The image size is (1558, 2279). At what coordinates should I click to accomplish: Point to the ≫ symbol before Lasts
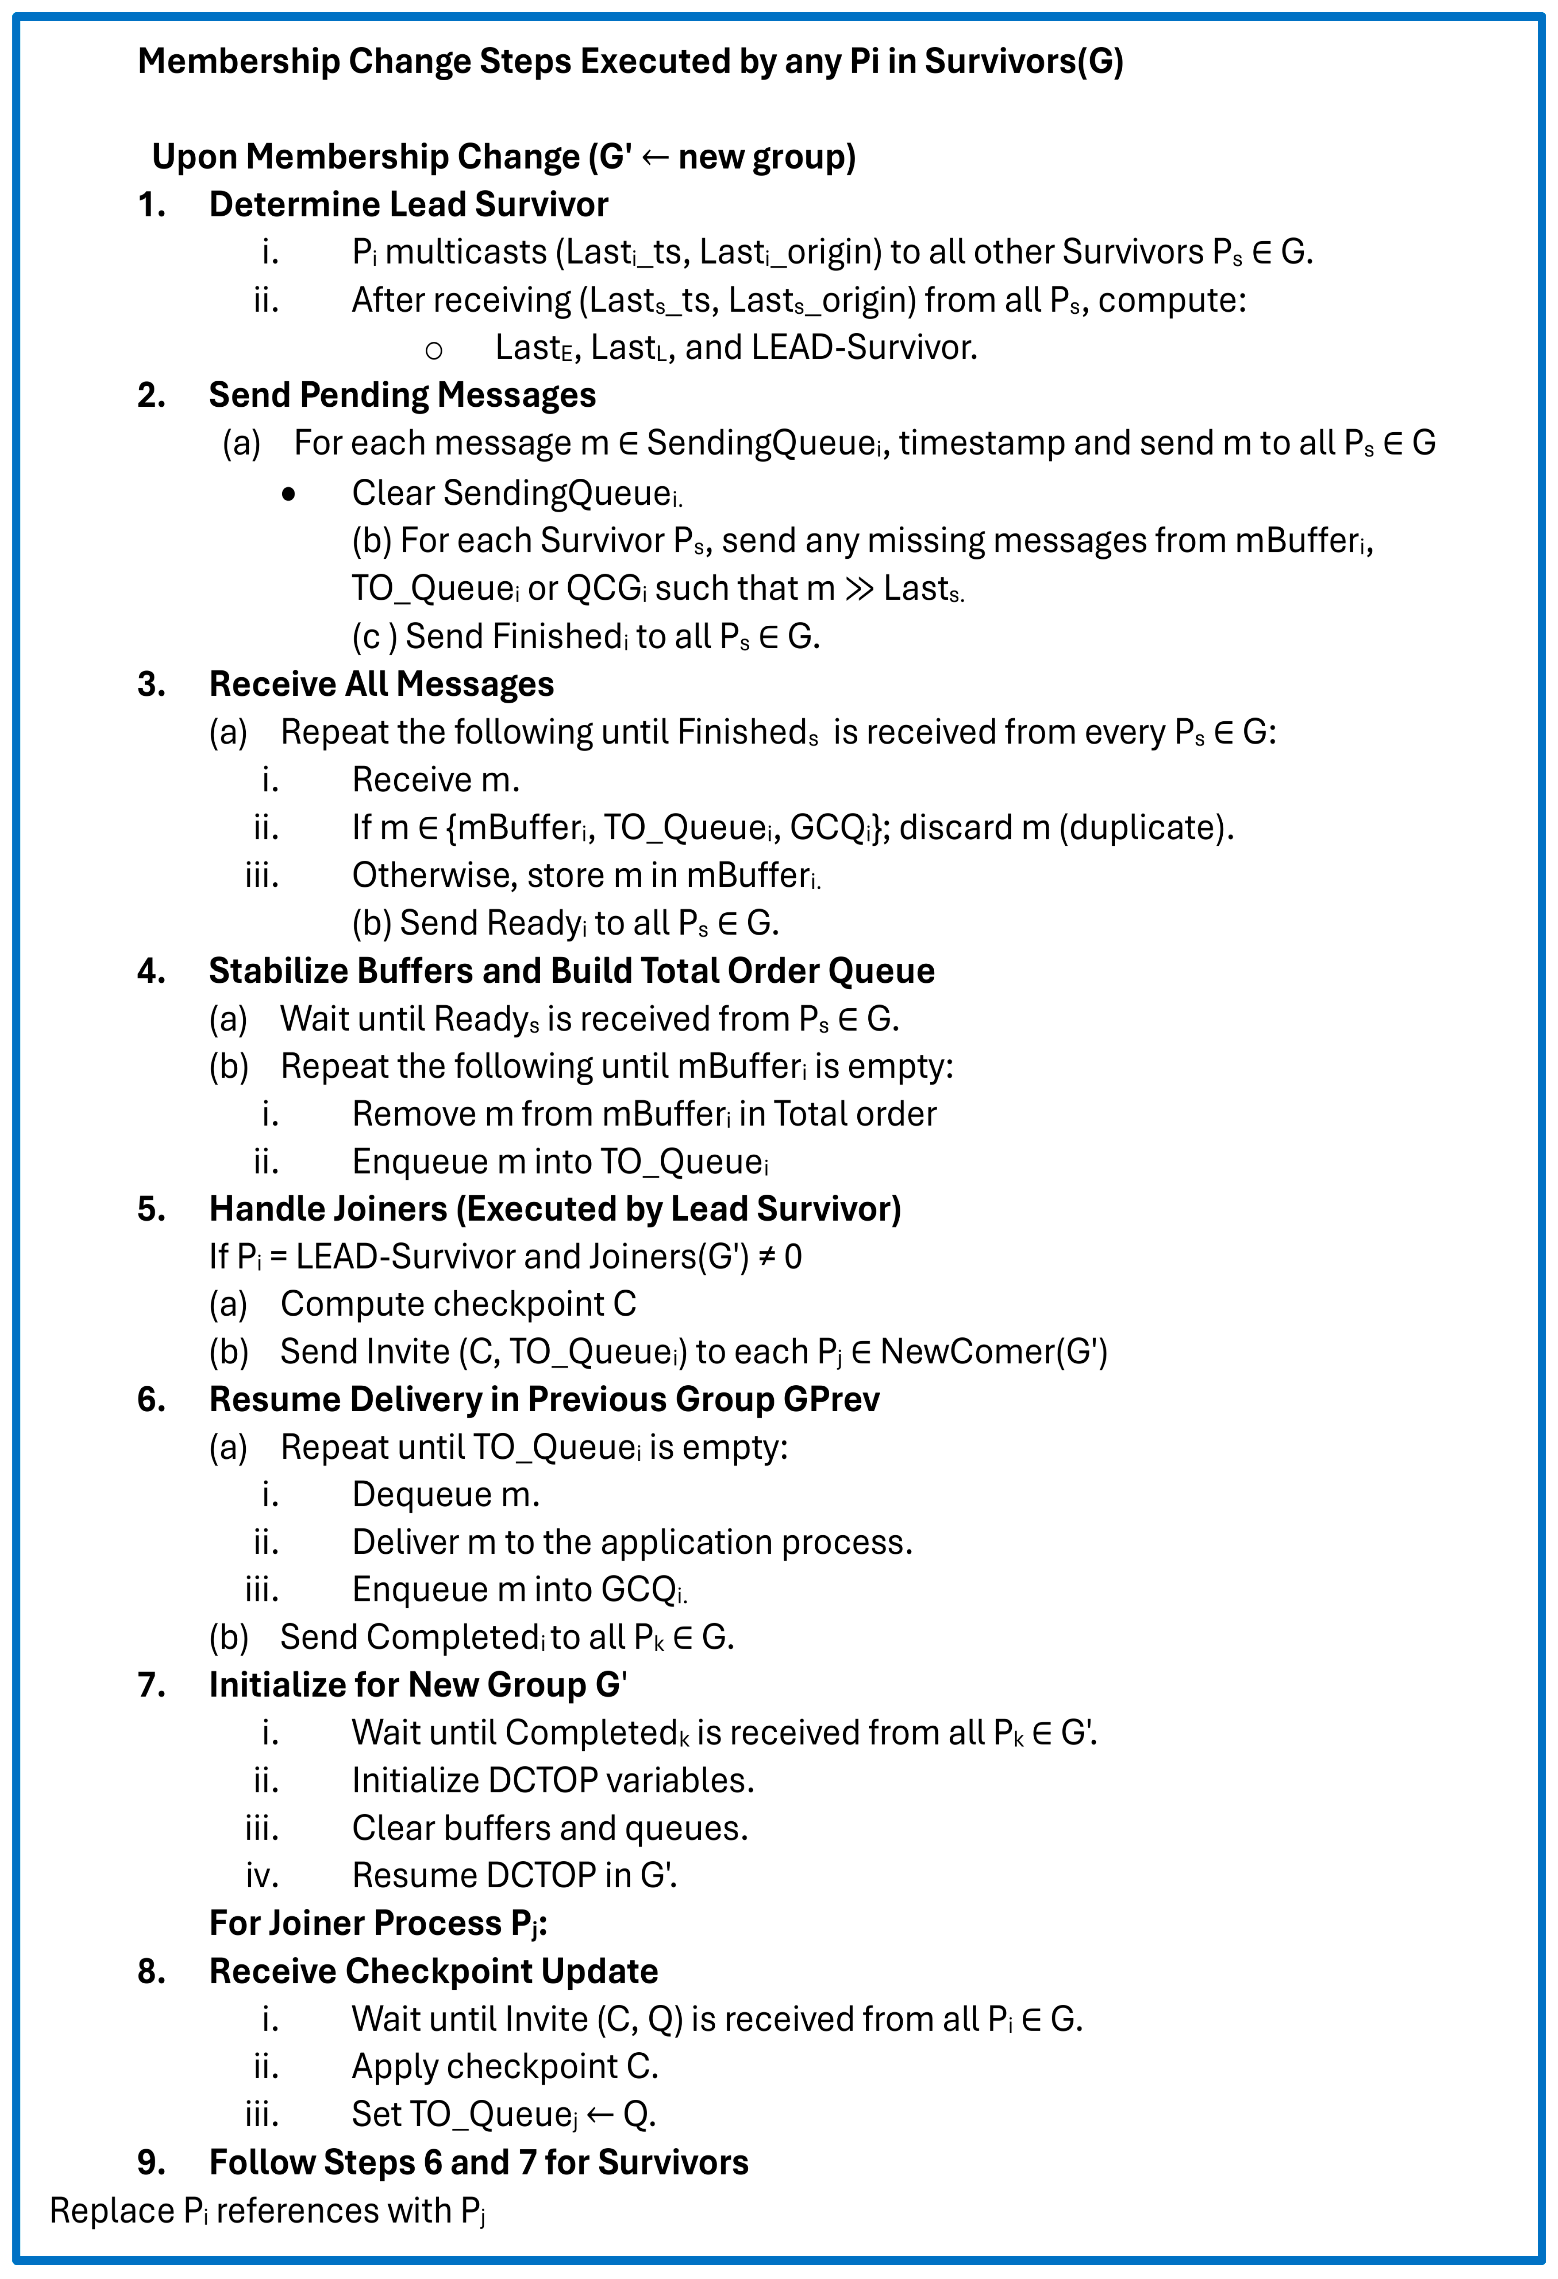(x=859, y=588)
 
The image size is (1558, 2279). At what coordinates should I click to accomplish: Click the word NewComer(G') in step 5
(x=993, y=1352)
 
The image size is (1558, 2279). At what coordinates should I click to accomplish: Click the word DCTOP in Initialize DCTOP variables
(x=551, y=1781)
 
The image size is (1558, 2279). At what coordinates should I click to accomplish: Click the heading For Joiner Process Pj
(x=377, y=1924)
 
